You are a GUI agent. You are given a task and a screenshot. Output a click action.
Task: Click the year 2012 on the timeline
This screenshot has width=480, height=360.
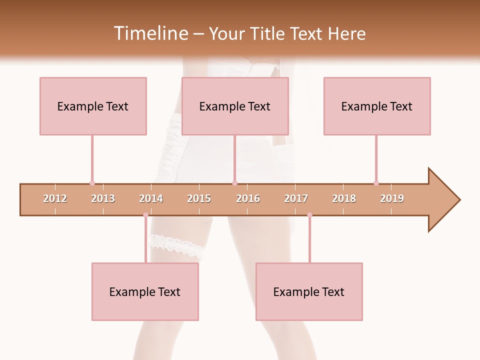click(x=55, y=198)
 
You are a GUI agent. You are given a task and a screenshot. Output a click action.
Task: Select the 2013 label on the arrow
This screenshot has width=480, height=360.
click(x=103, y=198)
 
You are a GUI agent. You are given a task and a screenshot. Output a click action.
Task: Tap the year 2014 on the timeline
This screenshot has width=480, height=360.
click(x=151, y=198)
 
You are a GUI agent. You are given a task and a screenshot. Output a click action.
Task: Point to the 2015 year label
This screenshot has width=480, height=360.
click(x=199, y=198)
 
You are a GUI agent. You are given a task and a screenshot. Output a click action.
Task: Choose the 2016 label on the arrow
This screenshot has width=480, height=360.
click(x=248, y=198)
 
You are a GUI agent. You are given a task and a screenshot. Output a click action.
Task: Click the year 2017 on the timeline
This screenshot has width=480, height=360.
click(x=296, y=198)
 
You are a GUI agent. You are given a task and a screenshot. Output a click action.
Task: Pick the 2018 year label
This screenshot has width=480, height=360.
click(x=344, y=198)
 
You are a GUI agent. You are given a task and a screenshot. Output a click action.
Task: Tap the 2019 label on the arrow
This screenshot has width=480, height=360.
click(x=392, y=198)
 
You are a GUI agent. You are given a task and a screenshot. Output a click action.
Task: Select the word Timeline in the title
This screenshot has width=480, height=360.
click(x=150, y=33)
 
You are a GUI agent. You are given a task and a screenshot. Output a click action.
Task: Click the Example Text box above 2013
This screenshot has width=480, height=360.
click(x=93, y=106)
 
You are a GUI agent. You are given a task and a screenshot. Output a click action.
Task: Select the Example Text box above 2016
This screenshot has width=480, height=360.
click(x=235, y=106)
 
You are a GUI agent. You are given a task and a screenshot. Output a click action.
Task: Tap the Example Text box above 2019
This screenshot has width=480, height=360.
click(x=377, y=106)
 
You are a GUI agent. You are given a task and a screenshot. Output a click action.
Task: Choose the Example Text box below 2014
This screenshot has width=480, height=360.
click(x=145, y=291)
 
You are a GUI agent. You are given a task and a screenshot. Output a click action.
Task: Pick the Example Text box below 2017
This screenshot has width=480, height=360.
click(x=309, y=291)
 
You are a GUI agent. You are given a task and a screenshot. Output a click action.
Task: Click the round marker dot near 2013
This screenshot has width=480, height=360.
click(x=92, y=183)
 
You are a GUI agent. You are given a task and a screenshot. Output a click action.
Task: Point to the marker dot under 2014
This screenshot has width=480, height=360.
click(x=145, y=215)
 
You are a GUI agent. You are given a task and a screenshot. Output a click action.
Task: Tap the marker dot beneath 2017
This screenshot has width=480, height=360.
click(x=309, y=215)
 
